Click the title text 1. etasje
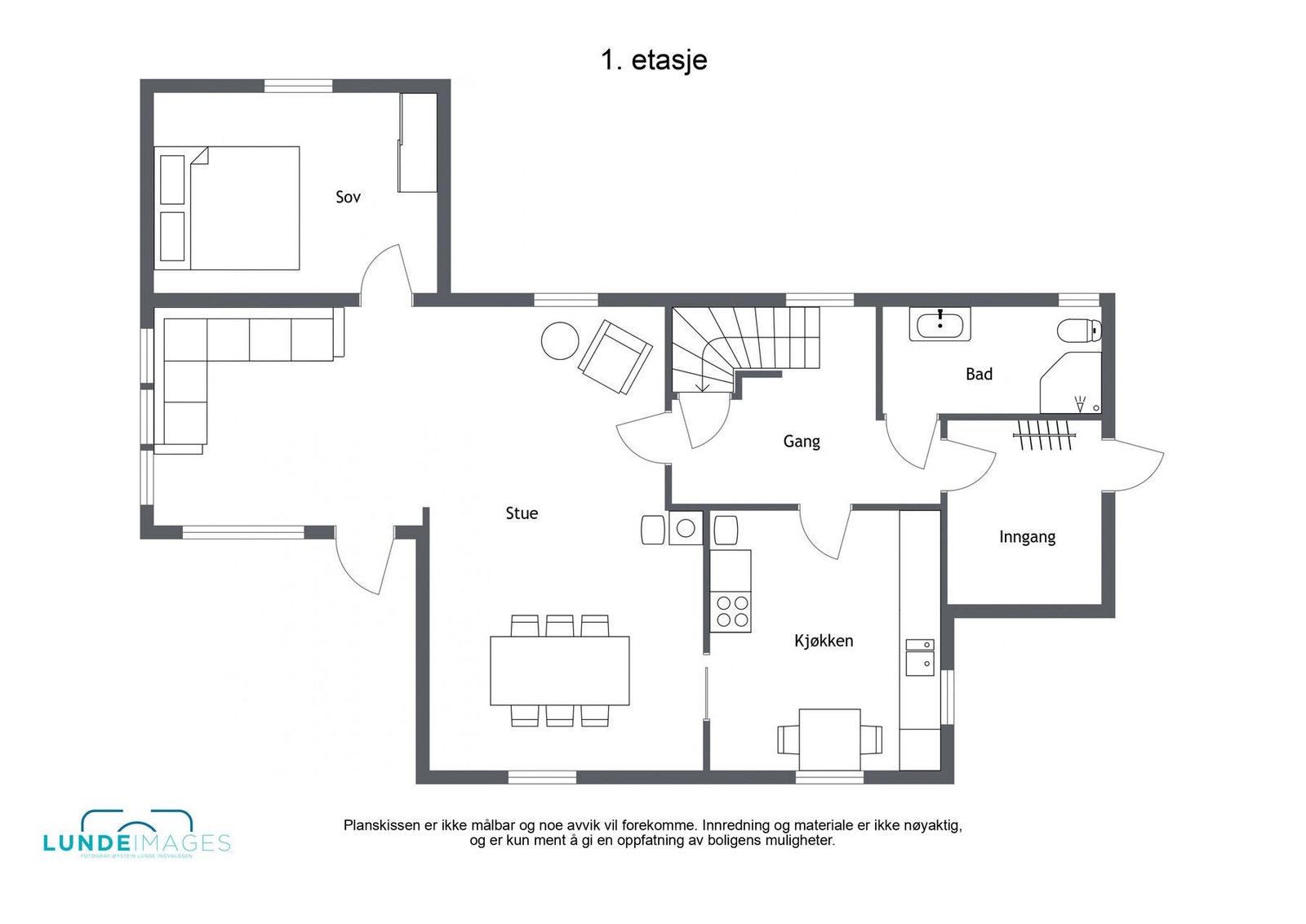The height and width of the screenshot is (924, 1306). coord(654,60)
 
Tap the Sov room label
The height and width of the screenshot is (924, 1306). coord(348,197)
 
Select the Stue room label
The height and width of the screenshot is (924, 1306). coord(522,513)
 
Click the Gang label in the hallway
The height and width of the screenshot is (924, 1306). coord(801,442)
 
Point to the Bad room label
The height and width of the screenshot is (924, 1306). coord(979,375)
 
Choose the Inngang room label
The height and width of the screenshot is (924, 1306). coord(1027,537)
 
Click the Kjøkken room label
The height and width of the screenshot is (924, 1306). coord(824,641)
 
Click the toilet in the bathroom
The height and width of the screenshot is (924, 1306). coord(1079,331)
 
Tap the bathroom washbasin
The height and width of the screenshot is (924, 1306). coord(940,324)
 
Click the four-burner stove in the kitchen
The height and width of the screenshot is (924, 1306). coord(731,612)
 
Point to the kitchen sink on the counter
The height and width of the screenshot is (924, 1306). coord(919,658)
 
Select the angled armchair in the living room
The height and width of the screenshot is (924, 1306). coord(615,357)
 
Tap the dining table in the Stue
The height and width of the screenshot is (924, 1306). coord(559,670)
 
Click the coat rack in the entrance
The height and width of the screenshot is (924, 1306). coord(1044,435)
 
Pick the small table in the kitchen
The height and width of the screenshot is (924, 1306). coord(829,740)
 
